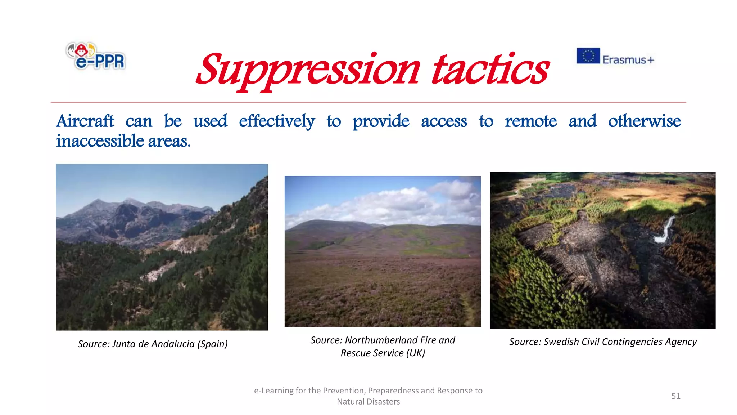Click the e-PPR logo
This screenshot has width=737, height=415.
[96, 57]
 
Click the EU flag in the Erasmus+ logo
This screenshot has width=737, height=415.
[588, 56]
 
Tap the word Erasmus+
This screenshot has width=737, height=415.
[628, 60]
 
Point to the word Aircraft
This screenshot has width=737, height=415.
[85, 121]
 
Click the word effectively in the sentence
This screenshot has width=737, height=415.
[277, 121]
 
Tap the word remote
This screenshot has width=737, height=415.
[530, 121]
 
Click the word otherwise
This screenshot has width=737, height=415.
[644, 121]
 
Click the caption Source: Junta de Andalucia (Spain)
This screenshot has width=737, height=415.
[153, 344]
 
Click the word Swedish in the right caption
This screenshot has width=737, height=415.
[560, 342]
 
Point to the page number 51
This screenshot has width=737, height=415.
[675, 396]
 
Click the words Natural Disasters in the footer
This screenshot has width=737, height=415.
[368, 402]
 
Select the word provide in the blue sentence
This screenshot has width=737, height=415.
[381, 121]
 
